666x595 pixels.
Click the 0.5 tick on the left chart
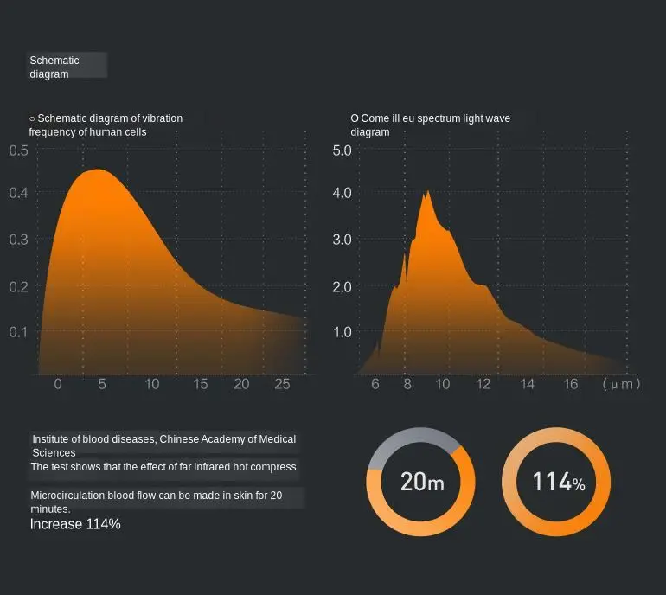[x=19, y=150]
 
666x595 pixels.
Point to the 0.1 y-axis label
[x=19, y=332]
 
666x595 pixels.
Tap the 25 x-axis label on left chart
[x=282, y=384]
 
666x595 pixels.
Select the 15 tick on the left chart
[x=200, y=384]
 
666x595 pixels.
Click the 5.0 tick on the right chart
[x=343, y=150]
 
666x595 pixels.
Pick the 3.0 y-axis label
[x=343, y=240]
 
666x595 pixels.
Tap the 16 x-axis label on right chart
[x=570, y=384]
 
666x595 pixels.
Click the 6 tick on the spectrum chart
[x=375, y=384]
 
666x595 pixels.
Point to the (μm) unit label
[x=621, y=384]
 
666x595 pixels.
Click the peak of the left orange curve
[x=97, y=171]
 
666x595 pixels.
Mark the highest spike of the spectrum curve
[x=427, y=192]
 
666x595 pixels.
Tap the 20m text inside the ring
[x=421, y=482]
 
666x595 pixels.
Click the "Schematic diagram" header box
[x=67, y=67]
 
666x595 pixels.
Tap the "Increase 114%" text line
[x=75, y=524]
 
